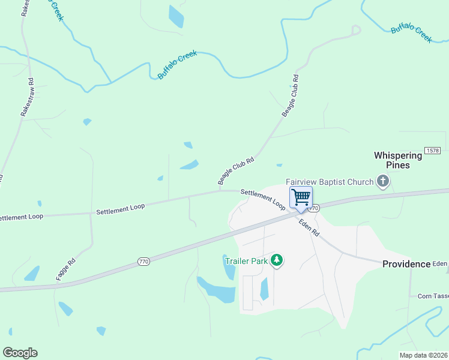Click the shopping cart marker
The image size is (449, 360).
coord(301,197)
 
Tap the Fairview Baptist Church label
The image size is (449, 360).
coord(329,182)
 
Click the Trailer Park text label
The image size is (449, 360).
coord(246,261)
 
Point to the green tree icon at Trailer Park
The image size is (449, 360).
coord(276,260)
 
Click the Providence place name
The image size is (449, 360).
coord(406,264)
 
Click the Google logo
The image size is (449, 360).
coord(20,353)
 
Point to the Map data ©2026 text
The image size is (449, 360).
coord(423,355)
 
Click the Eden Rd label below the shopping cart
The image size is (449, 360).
coord(309,226)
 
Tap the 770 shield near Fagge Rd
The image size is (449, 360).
coord(143,261)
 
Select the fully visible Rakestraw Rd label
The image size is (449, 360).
coord(28,96)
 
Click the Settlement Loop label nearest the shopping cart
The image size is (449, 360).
coord(263,199)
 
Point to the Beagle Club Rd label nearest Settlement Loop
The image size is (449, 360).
coord(236,171)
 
